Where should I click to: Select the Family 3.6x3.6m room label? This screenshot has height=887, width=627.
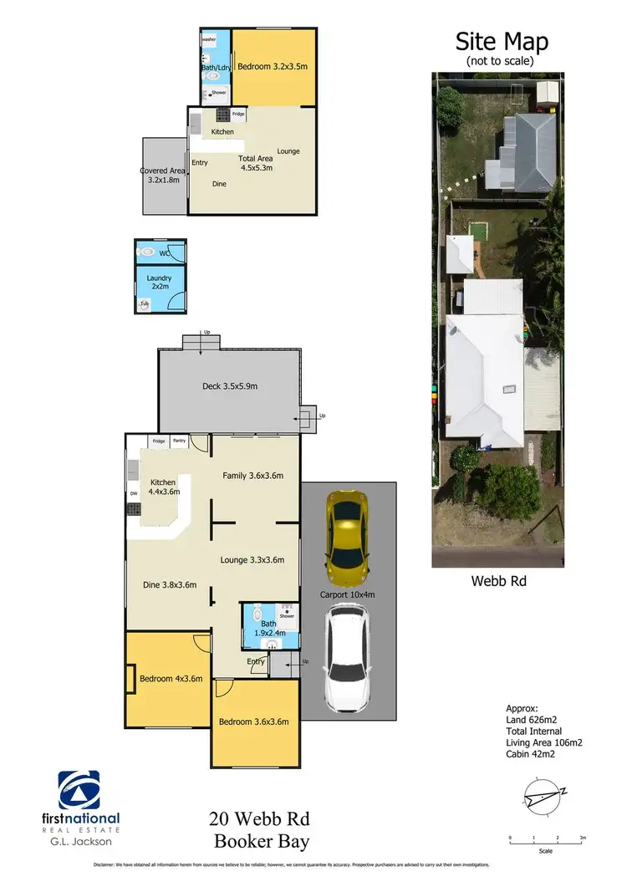click(252, 476)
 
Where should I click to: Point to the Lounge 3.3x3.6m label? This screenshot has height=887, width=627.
click(252, 560)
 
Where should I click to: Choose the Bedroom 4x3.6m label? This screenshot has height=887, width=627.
click(171, 679)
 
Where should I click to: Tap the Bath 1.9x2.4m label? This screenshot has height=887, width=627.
click(269, 628)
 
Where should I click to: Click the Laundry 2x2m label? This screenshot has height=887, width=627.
click(159, 282)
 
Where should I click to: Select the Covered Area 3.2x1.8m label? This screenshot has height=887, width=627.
click(162, 175)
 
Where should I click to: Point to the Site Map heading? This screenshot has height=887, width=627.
click(501, 41)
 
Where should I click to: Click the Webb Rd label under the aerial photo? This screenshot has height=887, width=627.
click(497, 578)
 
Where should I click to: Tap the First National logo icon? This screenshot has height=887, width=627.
click(79, 791)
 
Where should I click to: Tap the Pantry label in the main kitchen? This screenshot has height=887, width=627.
click(179, 441)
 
